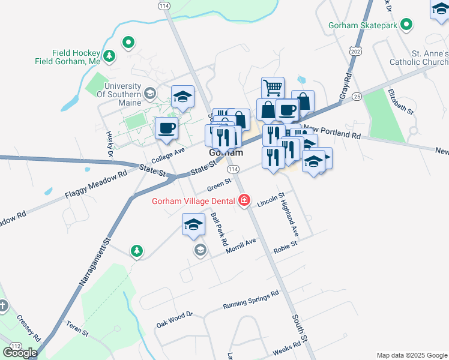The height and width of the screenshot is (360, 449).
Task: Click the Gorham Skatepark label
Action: coord(363,25)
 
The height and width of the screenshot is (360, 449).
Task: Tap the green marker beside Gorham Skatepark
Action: coord(407,25)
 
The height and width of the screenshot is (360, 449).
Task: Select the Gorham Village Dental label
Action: coord(194,200)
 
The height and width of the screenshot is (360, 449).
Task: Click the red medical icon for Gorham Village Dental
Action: coord(244,200)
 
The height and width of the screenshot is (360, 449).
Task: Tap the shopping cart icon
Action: coord(273,88)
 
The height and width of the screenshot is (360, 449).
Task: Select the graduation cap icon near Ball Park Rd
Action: coord(193,225)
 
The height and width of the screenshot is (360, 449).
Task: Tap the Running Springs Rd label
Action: coord(251,299)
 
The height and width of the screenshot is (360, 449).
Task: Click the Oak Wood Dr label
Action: coord(174,319)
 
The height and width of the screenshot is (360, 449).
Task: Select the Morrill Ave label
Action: coord(241,245)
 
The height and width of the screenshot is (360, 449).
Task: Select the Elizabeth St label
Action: coord(401,101)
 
